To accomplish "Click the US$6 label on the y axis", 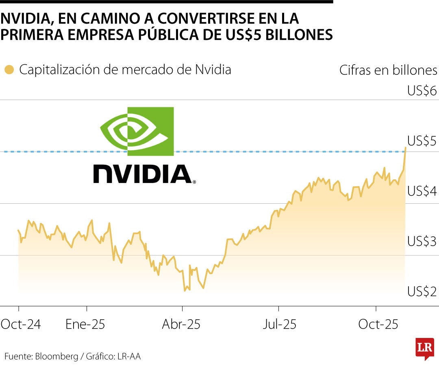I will pos(422,90).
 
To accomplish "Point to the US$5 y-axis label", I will pos(422,141).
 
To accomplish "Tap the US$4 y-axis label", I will pos(422,191).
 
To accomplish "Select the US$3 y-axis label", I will pos(422,242).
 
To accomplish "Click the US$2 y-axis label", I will pos(422,292).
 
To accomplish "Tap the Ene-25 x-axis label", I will pos(85,325).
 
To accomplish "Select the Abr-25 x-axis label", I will pos(181,325).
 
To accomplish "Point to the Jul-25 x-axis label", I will pos(279,325).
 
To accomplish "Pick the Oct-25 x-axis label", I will pos(378,325).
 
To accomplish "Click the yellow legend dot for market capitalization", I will pos(9,70).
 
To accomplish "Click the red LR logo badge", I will pos(424,348).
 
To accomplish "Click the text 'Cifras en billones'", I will pos(388,70).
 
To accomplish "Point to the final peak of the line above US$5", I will pos(405,148).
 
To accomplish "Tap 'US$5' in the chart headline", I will pos(244,35).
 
